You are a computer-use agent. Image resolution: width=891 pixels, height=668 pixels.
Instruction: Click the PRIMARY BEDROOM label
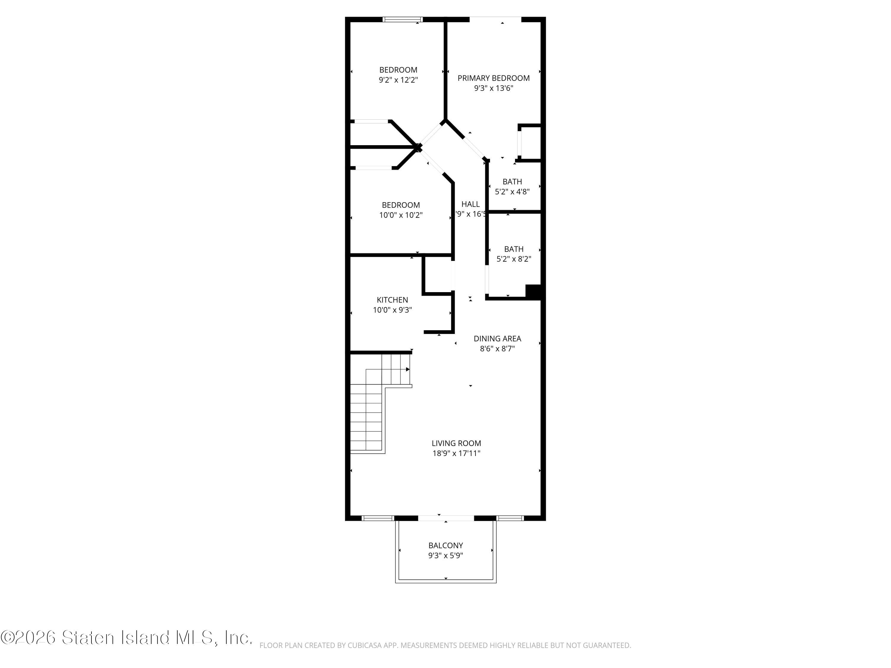click(493, 78)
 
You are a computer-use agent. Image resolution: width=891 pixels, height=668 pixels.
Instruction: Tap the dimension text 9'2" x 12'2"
click(398, 80)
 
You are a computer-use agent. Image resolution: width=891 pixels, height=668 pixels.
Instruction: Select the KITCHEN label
click(392, 300)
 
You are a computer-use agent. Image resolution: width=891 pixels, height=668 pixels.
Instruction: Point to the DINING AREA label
click(497, 339)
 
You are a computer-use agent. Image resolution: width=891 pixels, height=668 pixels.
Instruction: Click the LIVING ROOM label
click(456, 443)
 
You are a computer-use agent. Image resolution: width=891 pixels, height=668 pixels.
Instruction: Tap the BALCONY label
click(445, 545)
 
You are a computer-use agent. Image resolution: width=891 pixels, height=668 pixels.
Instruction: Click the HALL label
click(470, 204)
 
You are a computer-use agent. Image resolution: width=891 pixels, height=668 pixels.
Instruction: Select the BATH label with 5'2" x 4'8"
click(512, 182)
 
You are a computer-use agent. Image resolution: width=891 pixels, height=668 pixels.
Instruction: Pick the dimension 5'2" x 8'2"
click(514, 259)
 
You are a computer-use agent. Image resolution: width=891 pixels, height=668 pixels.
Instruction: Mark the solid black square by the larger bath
click(533, 292)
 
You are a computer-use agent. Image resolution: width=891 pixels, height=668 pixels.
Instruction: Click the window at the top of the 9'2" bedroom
click(402, 19)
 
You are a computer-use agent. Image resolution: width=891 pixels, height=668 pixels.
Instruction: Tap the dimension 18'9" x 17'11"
click(456, 453)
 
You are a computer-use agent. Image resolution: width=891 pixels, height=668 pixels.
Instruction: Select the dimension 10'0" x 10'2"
click(400, 215)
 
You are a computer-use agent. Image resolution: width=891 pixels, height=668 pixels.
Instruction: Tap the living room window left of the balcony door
click(377, 518)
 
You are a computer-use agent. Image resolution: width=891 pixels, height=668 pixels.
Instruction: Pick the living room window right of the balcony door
click(510, 518)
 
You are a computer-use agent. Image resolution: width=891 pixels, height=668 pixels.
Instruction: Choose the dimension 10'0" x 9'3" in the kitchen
click(392, 310)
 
